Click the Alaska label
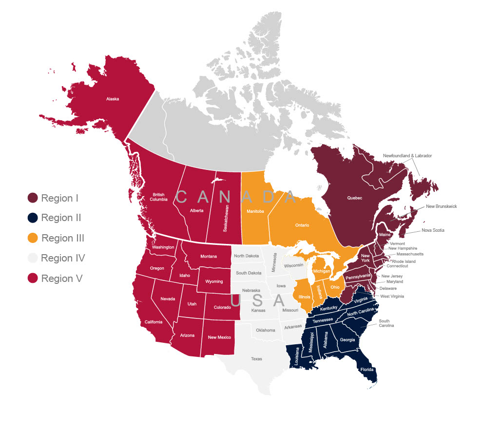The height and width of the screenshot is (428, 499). coord(113,99)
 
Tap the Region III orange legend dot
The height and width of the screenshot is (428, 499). coord(33,238)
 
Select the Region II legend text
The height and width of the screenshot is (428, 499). coord(61,218)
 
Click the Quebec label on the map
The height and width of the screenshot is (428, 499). coord(355,198)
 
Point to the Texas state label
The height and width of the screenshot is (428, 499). coord(256,359)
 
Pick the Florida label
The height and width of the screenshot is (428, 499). coord(367,370)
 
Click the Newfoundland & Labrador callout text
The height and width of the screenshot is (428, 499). coord(407,156)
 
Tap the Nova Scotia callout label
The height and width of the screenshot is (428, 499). coord(433,230)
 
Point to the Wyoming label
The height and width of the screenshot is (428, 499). coord(214,281)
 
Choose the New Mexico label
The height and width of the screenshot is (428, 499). coord(219,337)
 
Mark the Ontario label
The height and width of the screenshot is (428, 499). coord(302,225)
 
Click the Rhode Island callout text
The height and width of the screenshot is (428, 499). coord(404,261)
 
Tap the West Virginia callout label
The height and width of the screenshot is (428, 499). coord(392,296)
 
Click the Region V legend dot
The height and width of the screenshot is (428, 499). coord(33,279)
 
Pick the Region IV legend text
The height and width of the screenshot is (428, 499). coord(63,258)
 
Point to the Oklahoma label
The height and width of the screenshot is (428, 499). coord(266,330)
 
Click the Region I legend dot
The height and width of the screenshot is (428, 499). coord(33,198)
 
